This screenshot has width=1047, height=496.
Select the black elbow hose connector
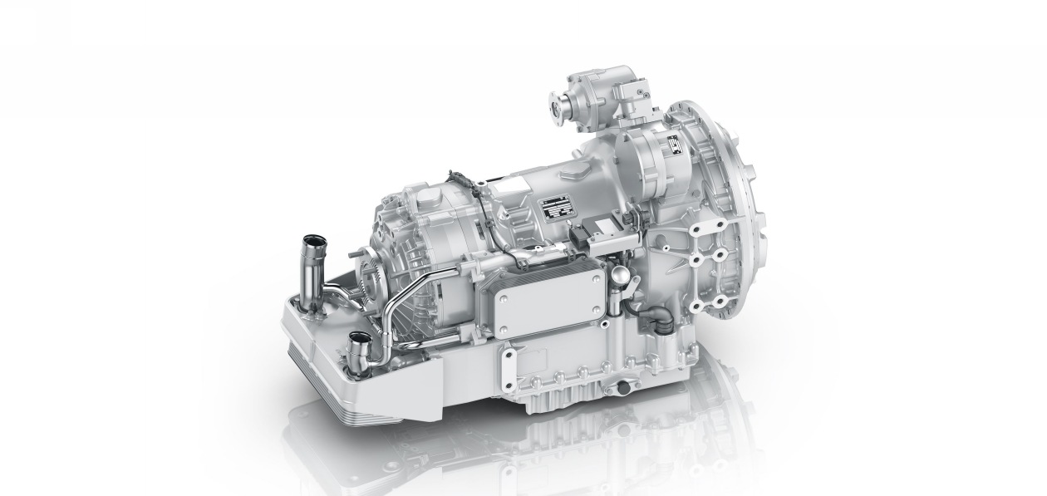coord(656,317)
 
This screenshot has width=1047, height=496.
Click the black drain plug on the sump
coord(619,388)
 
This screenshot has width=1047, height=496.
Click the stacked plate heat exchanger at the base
coord(349,399)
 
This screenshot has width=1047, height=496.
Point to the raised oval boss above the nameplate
coord(573,173)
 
